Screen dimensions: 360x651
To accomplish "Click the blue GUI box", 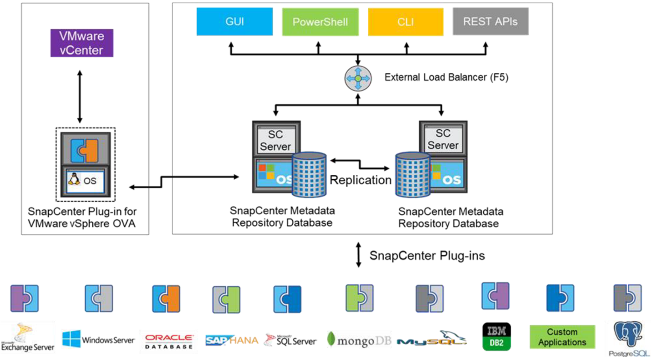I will coord(234,22).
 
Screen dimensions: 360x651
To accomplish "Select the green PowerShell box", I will coord(320,22).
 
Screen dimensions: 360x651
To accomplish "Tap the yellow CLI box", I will coord(405,22).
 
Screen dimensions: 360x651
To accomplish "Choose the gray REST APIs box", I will coord(490,22).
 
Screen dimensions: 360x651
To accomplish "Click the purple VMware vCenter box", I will coord(81,43).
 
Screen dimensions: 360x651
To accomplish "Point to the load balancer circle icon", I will coord(358,78).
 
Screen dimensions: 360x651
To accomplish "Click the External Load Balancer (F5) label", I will coord(446,77).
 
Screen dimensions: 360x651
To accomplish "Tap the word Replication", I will coord(361,180).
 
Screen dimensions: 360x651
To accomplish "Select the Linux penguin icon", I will coord(74,180).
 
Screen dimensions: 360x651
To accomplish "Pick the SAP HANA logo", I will coord(231,340).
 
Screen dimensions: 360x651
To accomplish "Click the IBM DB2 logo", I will coord(497,337).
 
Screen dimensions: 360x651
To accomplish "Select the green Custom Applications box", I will coord(562,337).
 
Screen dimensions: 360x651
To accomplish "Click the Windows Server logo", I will coord(98,340).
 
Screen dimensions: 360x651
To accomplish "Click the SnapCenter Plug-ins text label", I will coord(427,256).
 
